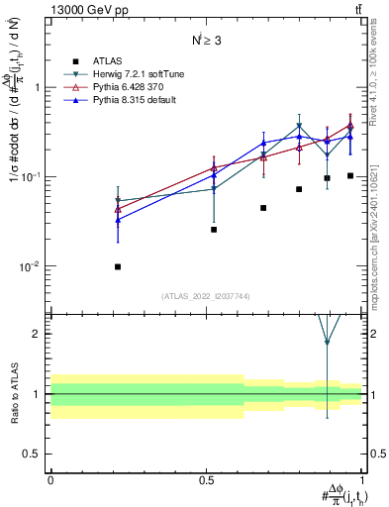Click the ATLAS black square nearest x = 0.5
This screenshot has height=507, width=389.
point(214,230)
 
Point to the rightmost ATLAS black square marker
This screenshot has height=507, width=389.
point(350,175)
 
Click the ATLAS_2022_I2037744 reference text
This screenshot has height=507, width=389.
point(206,296)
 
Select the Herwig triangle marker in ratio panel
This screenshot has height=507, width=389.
point(327,343)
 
